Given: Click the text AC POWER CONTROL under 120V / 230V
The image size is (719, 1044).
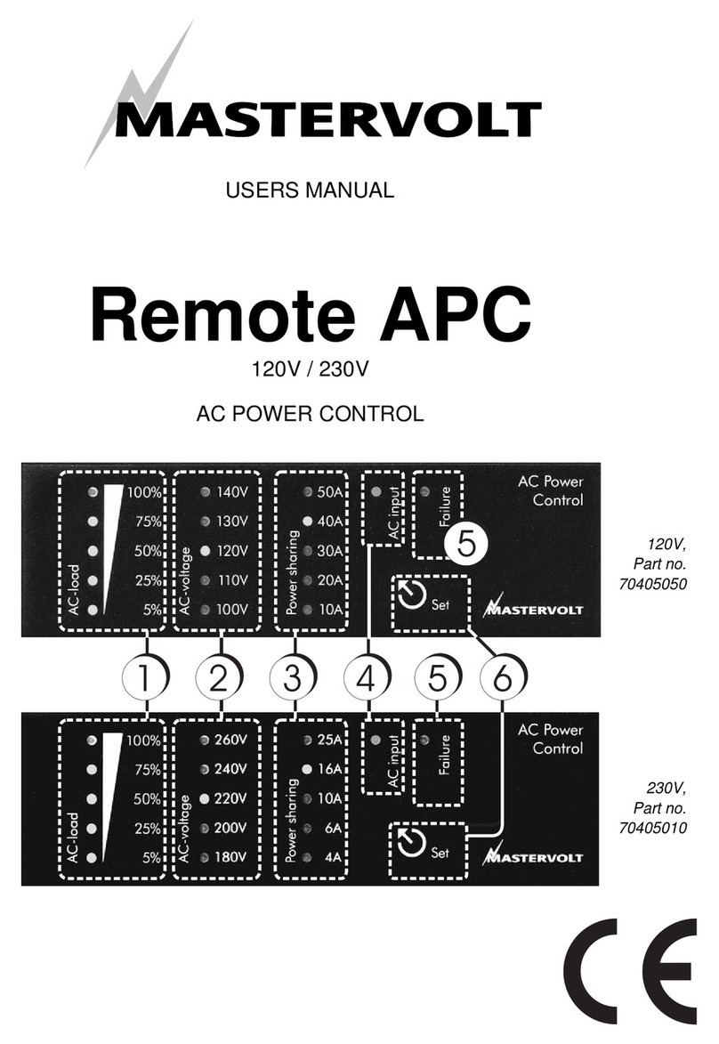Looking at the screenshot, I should tap(310, 414).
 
